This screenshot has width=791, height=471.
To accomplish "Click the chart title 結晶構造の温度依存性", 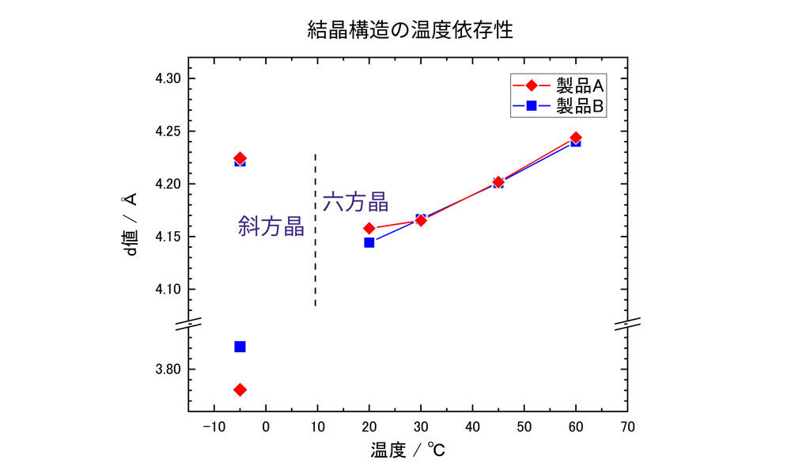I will click(411, 31).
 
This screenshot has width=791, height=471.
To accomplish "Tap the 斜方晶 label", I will click(271, 226).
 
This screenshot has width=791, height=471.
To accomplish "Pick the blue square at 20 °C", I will click(369, 242).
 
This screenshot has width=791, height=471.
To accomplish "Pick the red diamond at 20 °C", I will click(369, 228).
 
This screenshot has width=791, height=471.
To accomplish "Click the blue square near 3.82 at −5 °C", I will click(240, 347).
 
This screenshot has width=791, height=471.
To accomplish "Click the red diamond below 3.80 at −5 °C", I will click(240, 389).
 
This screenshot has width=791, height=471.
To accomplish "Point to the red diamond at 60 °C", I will click(576, 138).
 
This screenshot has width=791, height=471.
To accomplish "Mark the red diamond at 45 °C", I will click(498, 182).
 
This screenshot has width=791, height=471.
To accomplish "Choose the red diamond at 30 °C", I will click(421, 220).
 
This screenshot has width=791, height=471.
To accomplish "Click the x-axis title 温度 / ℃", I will click(408, 452).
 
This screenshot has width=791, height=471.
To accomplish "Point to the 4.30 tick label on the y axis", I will click(168, 79).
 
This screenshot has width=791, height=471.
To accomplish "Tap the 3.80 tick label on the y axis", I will click(168, 370).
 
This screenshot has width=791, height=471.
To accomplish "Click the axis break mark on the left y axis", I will click(190, 323).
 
